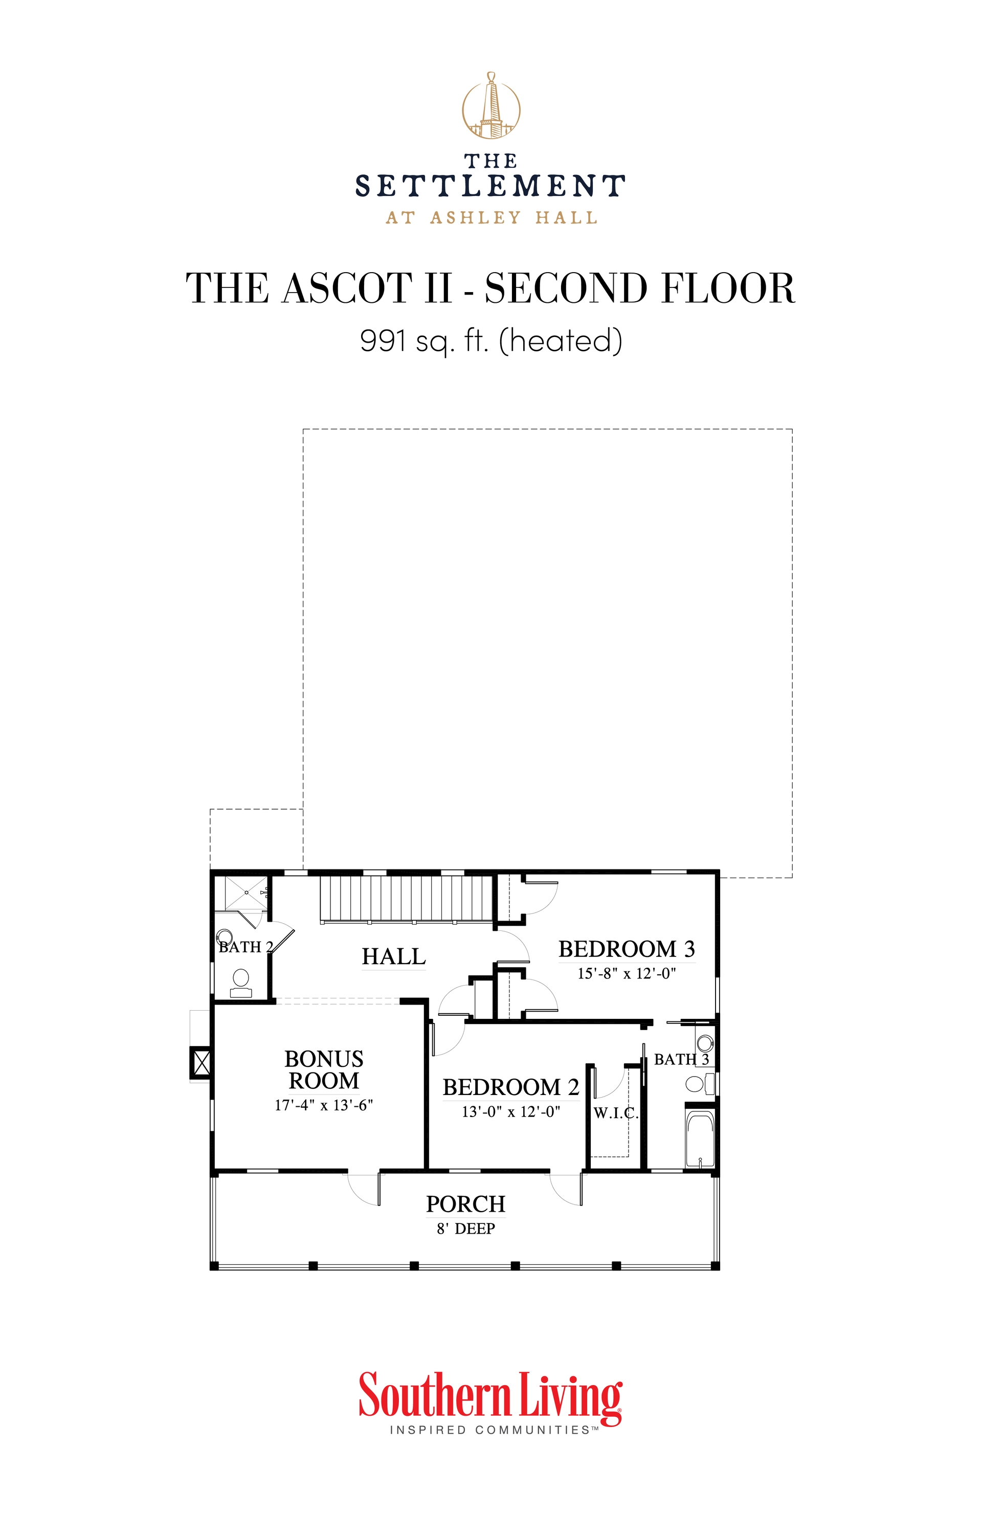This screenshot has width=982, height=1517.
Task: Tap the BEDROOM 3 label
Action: point(626,948)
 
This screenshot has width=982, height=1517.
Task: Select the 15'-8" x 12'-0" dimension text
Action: point(626,973)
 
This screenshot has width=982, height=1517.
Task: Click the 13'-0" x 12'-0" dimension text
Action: point(510,1111)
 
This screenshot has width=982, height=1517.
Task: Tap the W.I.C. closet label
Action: point(615,1113)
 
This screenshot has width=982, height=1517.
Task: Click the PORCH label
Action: point(465,1203)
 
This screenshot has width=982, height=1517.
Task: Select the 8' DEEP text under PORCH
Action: point(465,1228)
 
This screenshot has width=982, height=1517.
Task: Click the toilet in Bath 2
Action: point(241,983)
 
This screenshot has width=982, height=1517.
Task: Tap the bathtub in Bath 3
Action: point(699,1140)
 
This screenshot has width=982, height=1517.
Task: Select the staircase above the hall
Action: point(406,898)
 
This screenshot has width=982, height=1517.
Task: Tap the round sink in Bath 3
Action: point(704,1043)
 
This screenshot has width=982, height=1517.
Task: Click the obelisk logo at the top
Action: point(490,106)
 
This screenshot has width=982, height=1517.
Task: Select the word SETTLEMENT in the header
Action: point(490,186)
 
